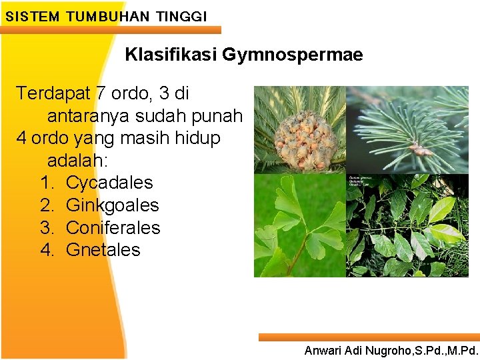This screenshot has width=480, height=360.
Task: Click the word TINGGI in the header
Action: [181, 16]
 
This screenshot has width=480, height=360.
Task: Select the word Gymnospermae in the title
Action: [293, 55]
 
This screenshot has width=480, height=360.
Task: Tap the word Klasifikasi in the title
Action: [171, 55]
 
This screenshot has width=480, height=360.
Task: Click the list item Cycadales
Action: [109, 183]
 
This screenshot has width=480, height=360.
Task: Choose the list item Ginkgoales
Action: [112, 205]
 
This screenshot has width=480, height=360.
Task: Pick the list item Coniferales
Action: [113, 228]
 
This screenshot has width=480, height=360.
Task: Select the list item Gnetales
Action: [103, 250]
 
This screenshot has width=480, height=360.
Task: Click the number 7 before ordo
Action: [101, 93]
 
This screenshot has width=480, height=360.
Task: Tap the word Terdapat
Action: [54, 93]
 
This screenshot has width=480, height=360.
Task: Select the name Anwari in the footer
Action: [323, 350]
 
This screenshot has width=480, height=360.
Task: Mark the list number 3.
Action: [46, 228]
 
